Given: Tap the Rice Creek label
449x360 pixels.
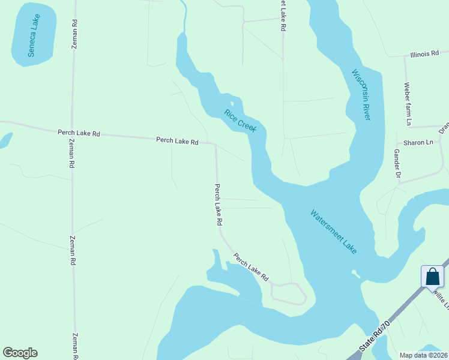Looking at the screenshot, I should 240,121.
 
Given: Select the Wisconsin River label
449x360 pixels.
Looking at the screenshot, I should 362,95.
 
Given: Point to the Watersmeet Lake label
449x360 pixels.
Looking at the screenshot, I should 333,231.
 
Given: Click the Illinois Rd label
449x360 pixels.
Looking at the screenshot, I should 424,54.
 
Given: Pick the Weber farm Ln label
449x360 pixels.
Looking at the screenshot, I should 408,104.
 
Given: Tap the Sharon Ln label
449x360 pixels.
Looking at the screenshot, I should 418,142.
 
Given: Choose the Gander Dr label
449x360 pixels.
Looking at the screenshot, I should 397,164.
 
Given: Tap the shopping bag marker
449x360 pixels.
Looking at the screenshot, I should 432,277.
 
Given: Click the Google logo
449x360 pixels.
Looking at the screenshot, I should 20,353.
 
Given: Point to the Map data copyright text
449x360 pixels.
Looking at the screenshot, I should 423,355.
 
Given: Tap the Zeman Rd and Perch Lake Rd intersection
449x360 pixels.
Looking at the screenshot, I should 73,130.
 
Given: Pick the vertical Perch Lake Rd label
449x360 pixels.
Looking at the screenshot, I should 218,204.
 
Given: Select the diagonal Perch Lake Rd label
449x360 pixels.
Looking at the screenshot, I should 251,268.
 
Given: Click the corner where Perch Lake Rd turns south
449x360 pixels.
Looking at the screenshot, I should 215,144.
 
